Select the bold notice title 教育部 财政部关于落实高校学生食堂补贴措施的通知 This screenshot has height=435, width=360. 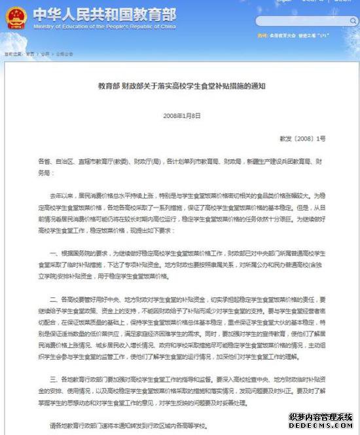180,86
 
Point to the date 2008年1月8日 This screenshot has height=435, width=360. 180,115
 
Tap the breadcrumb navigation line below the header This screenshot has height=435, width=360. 39,53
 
